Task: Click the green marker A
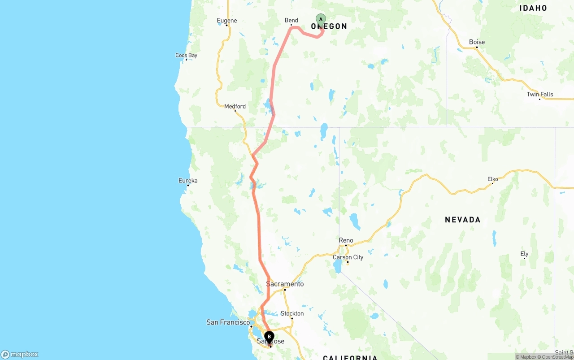321,19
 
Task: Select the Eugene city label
226,20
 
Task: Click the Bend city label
291,20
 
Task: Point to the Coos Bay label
186,56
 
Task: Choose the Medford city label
235,106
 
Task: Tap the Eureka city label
188,181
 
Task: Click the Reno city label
346,240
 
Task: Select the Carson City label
348,257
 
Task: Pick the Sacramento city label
285,284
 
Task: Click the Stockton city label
292,313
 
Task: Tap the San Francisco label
228,322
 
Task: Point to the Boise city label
477,42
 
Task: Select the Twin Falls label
540,94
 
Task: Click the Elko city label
493,179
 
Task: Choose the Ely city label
524,254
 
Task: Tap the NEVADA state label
462,220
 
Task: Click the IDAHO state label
533,8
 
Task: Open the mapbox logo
20,354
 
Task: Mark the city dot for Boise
477,47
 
